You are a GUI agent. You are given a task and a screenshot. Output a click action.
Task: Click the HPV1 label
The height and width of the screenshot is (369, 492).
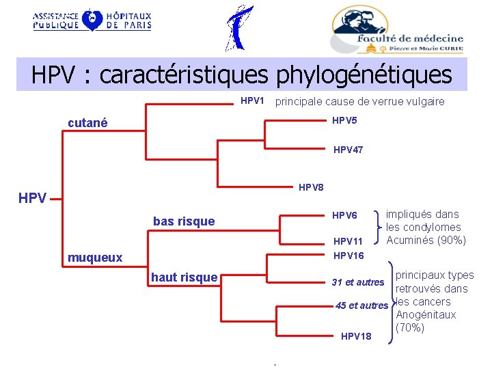pos(252,101)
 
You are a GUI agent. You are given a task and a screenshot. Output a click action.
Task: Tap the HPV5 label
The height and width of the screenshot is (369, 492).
pos(344,121)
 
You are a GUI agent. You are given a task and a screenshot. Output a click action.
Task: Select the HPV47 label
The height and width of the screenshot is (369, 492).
pos(348,150)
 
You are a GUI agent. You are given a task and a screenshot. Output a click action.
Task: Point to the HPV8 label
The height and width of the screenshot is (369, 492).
pos(311,187)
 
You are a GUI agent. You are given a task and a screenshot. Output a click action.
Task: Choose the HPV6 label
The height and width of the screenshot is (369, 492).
pos(344,215)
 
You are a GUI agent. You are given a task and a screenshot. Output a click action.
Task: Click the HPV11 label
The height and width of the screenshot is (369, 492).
pos(348,241)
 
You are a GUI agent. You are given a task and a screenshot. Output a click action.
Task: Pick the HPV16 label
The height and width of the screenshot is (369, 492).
pos(348,255)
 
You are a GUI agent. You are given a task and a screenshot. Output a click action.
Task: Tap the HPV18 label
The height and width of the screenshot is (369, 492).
pos(356,336)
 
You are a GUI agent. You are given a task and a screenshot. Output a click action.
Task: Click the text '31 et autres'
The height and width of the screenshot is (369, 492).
pos(358,282)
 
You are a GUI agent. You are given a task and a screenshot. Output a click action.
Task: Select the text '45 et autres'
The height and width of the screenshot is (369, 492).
pos(361,305)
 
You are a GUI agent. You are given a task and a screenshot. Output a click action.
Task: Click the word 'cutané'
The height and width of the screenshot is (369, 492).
pos(88,123)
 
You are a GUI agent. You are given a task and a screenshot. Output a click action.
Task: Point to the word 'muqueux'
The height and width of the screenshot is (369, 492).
pos(95,258)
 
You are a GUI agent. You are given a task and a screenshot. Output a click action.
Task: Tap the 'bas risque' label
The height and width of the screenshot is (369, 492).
pos(184,221)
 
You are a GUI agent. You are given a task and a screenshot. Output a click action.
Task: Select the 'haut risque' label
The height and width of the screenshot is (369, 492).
pos(184,277)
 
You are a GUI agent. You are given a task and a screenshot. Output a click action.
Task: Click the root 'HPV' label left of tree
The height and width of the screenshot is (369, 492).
pos(33,199)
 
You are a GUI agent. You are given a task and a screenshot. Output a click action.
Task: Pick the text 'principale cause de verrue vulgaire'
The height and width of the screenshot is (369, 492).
pos(359,101)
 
